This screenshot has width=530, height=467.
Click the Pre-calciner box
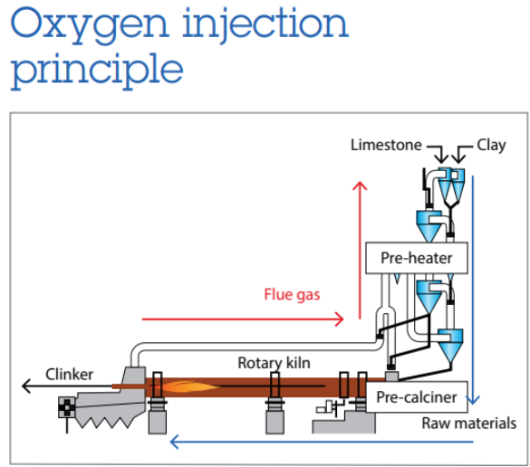pos(416,396)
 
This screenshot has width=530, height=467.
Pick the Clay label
pos(492,145)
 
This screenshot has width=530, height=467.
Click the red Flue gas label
pos(292,294)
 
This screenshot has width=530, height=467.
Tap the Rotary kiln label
pos(275,363)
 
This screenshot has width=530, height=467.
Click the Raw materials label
pos(468,423)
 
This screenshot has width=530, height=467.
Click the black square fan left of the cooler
pos(67,408)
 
